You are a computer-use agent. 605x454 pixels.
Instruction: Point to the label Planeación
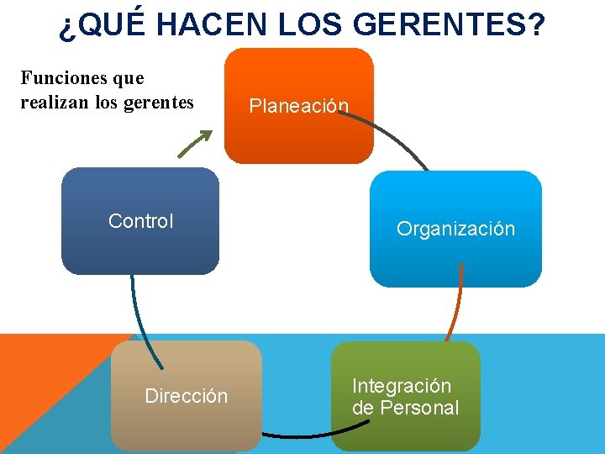tap(298, 106)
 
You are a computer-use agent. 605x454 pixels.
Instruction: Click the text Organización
tap(455, 229)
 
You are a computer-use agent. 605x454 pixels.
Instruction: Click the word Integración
tap(402, 386)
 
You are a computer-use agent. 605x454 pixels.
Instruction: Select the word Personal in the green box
tap(419, 408)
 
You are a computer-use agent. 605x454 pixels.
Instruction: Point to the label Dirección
tap(186, 396)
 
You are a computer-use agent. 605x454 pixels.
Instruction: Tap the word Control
tap(140, 221)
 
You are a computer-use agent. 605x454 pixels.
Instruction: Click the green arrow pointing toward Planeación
tap(193, 144)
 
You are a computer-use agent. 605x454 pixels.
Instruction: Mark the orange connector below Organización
tap(456, 307)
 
